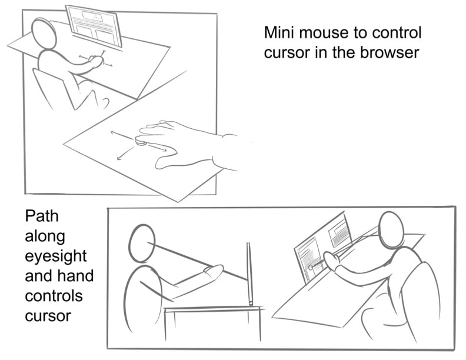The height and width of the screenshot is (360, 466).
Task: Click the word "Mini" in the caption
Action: pyautogui.click(x=279, y=32)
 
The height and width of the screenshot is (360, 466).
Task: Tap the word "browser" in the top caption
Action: pyautogui.click(x=390, y=52)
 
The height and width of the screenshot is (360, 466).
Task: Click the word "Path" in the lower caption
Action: pyautogui.click(x=42, y=216)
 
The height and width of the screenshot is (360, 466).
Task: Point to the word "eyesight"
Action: pyautogui.click(x=55, y=256)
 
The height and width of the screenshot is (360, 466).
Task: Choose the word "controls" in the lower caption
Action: pyautogui.click(x=54, y=296)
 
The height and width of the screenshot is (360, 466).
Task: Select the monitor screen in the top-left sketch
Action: pyautogui.click(x=94, y=26)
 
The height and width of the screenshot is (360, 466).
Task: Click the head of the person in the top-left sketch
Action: pyautogui.click(x=44, y=34)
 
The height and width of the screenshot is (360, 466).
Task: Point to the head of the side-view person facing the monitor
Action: pyautogui.click(x=142, y=244)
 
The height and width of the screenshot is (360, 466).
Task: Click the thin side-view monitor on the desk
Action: pyautogui.click(x=249, y=274)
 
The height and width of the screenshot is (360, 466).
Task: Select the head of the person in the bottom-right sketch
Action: pyautogui.click(x=392, y=230)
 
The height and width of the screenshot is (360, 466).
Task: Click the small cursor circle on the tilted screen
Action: pyautogui.click(x=311, y=268)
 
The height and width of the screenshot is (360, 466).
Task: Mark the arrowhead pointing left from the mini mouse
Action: pyautogui.click(x=112, y=132)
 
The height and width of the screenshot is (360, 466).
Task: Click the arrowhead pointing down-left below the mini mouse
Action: pyautogui.click(x=119, y=158)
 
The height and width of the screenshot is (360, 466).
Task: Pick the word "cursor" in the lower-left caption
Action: pyautogui.click(x=48, y=316)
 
